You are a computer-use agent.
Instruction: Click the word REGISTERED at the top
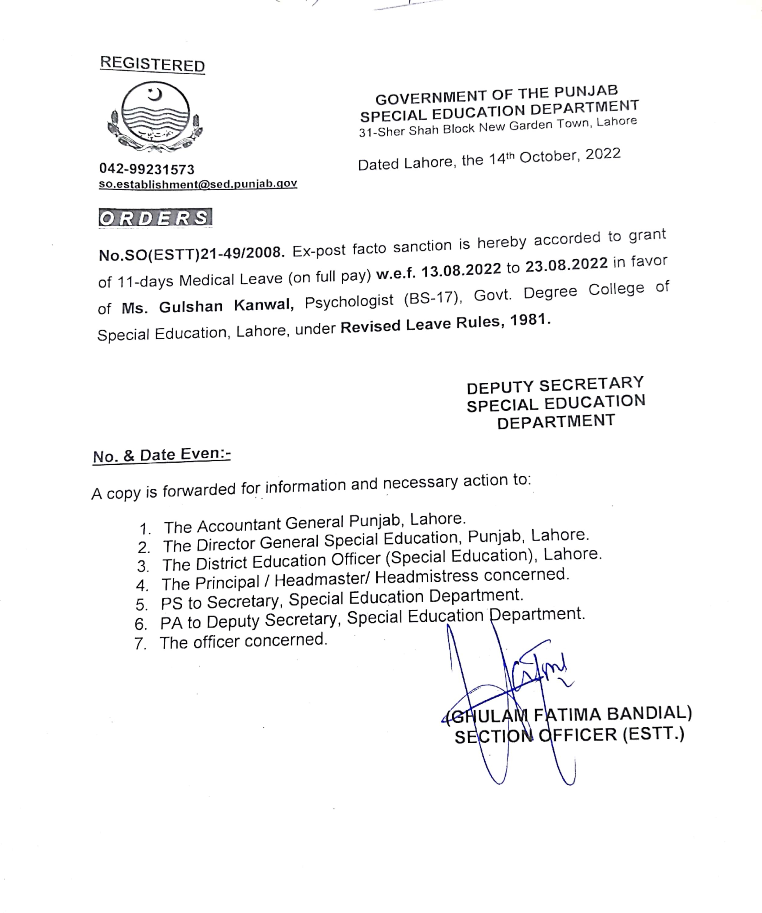pyautogui.click(x=152, y=64)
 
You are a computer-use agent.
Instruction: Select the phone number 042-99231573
pyautogui.click(x=147, y=169)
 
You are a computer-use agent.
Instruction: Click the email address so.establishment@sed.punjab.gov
pyautogui.click(x=198, y=184)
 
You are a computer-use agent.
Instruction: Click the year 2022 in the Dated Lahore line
pyautogui.click(x=603, y=154)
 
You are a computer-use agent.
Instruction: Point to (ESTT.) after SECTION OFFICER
pyautogui.click(x=653, y=734)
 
